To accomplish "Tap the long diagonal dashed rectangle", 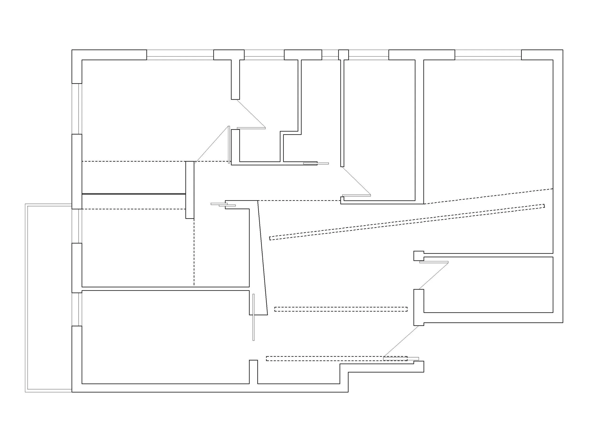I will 407,222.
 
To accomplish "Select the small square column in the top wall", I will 343,55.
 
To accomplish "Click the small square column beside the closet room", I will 418,256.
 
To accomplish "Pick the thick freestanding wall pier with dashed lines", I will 190,190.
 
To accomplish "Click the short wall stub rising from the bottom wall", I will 253,372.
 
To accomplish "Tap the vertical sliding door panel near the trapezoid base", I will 254,317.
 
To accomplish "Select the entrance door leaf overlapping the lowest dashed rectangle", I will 401,359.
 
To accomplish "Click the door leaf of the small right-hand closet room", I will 434,262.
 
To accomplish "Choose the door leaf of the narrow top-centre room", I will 356,195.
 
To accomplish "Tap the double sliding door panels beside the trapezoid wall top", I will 223,205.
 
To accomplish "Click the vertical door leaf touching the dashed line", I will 229,144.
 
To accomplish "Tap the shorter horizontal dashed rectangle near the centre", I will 341,309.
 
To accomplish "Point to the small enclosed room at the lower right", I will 488,284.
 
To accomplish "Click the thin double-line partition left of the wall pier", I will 134,194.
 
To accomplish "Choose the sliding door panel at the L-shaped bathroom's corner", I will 316,163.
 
